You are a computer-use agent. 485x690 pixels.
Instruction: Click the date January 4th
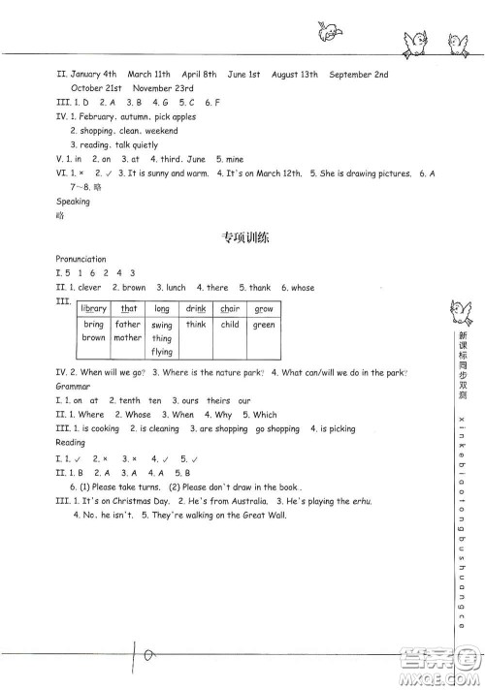coord(95,74)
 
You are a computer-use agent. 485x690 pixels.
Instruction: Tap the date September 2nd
coord(359,74)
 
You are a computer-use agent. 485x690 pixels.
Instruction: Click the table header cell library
coord(94,309)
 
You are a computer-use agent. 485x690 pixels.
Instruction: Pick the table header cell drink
coord(196,309)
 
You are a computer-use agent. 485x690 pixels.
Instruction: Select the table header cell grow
coord(264,309)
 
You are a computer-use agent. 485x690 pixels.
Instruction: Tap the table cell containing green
coord(264,326)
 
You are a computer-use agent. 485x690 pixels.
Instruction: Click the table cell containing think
coord(196,326)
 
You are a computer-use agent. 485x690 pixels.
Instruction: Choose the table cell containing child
coord(230,326)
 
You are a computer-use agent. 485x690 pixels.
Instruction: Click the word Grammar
coord(72,385)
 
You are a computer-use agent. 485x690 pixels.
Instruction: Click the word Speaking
coord(73,202)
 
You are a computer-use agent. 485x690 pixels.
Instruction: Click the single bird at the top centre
coord(328,34)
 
